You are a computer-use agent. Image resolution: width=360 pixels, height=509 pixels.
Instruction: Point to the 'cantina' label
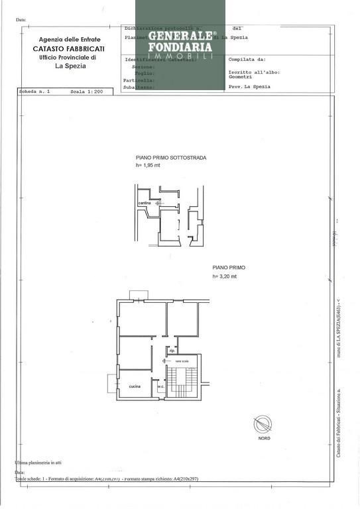click(144, 203)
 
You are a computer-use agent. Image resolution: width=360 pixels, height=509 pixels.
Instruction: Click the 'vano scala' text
click(182, 361)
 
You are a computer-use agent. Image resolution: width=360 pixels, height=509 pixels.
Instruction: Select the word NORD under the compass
click(263, 439)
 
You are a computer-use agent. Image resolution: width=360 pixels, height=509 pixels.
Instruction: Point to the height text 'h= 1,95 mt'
click(149, 166)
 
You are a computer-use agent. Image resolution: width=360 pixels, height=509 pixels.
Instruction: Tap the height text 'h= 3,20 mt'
click(224, 276)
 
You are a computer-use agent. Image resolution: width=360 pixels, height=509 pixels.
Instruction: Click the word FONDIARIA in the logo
click(180, 47)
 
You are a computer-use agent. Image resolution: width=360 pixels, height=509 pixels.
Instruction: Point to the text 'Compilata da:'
click(247, 59)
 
